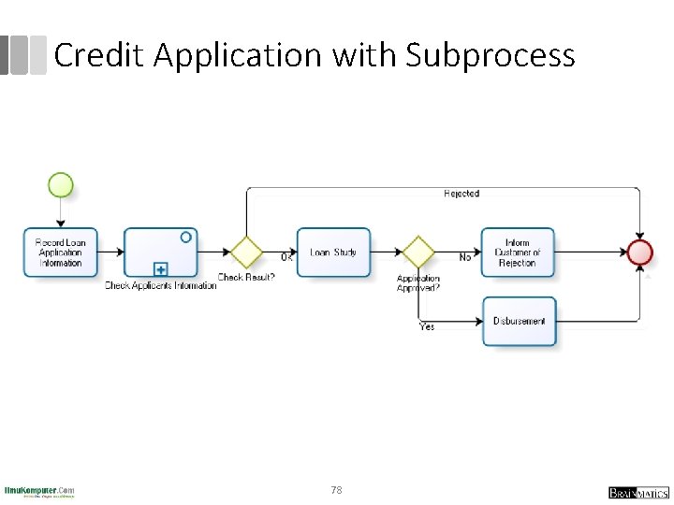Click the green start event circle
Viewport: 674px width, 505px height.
coord(61,184)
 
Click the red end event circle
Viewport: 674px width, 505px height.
coord(640,252)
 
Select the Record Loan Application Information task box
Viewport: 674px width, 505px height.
coord(61,252)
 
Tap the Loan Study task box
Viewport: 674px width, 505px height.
coord(333,252)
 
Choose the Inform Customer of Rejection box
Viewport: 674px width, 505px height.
coord(518,252)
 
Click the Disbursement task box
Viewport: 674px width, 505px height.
coord(519,321)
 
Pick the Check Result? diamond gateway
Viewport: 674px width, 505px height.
coord(246,252)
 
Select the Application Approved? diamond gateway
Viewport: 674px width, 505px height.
coord(418,252)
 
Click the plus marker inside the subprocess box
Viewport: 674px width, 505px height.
coord(161,269)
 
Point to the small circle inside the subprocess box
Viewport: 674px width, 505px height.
coord(185,237)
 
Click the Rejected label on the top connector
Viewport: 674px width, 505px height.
coord(461,194)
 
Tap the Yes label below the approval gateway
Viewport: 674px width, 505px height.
coord(427,326)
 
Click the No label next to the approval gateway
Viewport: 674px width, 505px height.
coord(464,257)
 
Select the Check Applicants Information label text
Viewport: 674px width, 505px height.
coord(160,285)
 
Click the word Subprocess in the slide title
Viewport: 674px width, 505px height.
coord(491,56)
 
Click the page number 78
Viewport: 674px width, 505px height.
coord(337,490)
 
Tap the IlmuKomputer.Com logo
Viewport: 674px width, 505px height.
coord(39,491)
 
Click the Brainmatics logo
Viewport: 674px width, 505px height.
coord(638,492)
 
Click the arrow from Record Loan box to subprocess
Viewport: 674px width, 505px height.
coord(110,252)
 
